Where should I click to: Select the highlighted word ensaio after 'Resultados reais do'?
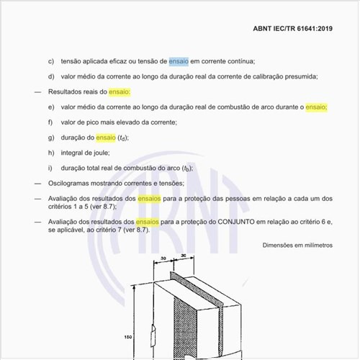pyautogui.click(x=117, y=93)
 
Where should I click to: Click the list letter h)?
pyautogui.click(x=51, y=153)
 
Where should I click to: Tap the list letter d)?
pyautogui.click(x=51, y=77)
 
